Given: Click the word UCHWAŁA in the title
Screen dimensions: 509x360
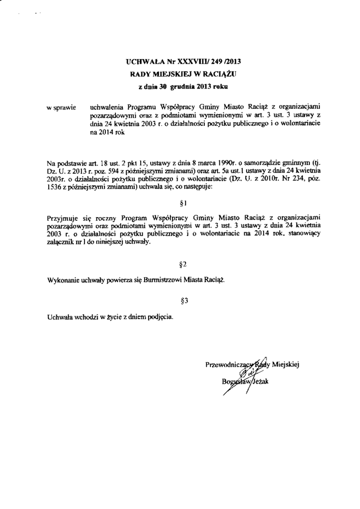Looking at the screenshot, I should pos(142,63).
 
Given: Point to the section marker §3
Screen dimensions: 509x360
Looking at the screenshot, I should pos(182,300).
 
